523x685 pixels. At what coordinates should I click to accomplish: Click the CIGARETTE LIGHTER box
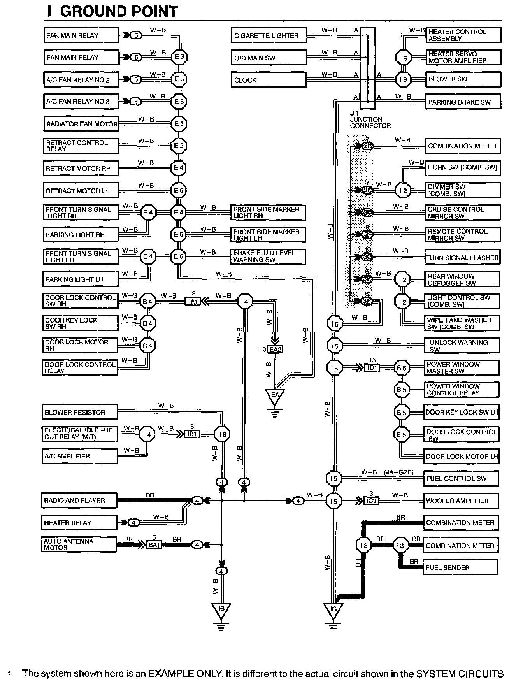click(x=269, y=35)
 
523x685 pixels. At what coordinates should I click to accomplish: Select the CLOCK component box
click(x=269, y=80)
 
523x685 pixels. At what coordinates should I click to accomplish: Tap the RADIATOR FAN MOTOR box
click(x=81, y=124)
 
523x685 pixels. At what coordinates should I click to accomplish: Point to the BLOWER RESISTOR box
click(x=79, y=412)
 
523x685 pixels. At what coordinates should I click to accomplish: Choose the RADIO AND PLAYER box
click(x=79, y=501)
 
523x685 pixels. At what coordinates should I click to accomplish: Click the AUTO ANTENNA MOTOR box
click(x=79, y=544)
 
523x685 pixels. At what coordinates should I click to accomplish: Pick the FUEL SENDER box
click(x=461, y=567)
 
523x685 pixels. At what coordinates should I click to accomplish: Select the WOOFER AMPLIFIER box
click(x=461, y=501)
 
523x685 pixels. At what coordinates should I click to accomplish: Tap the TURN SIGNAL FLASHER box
click(x=462, y=258)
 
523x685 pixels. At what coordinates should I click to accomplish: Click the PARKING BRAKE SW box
click(x=463, y=102)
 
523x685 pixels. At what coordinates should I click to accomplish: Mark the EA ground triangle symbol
click(x=275, y=397)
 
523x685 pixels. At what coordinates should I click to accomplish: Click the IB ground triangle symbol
click(x=221, y=610)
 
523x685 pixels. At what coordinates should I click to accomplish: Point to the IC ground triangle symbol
click(x=333, y=610)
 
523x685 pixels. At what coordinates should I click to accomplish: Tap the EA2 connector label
click(x=275, y=350)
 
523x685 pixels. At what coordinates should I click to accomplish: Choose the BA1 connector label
click(x=154, y=545)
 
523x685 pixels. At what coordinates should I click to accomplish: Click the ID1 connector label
click(x=372, y=368)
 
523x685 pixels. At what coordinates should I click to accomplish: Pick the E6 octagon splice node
click(x=179, y=256)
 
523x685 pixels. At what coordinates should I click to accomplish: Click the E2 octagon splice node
click(x=179, y=146)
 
